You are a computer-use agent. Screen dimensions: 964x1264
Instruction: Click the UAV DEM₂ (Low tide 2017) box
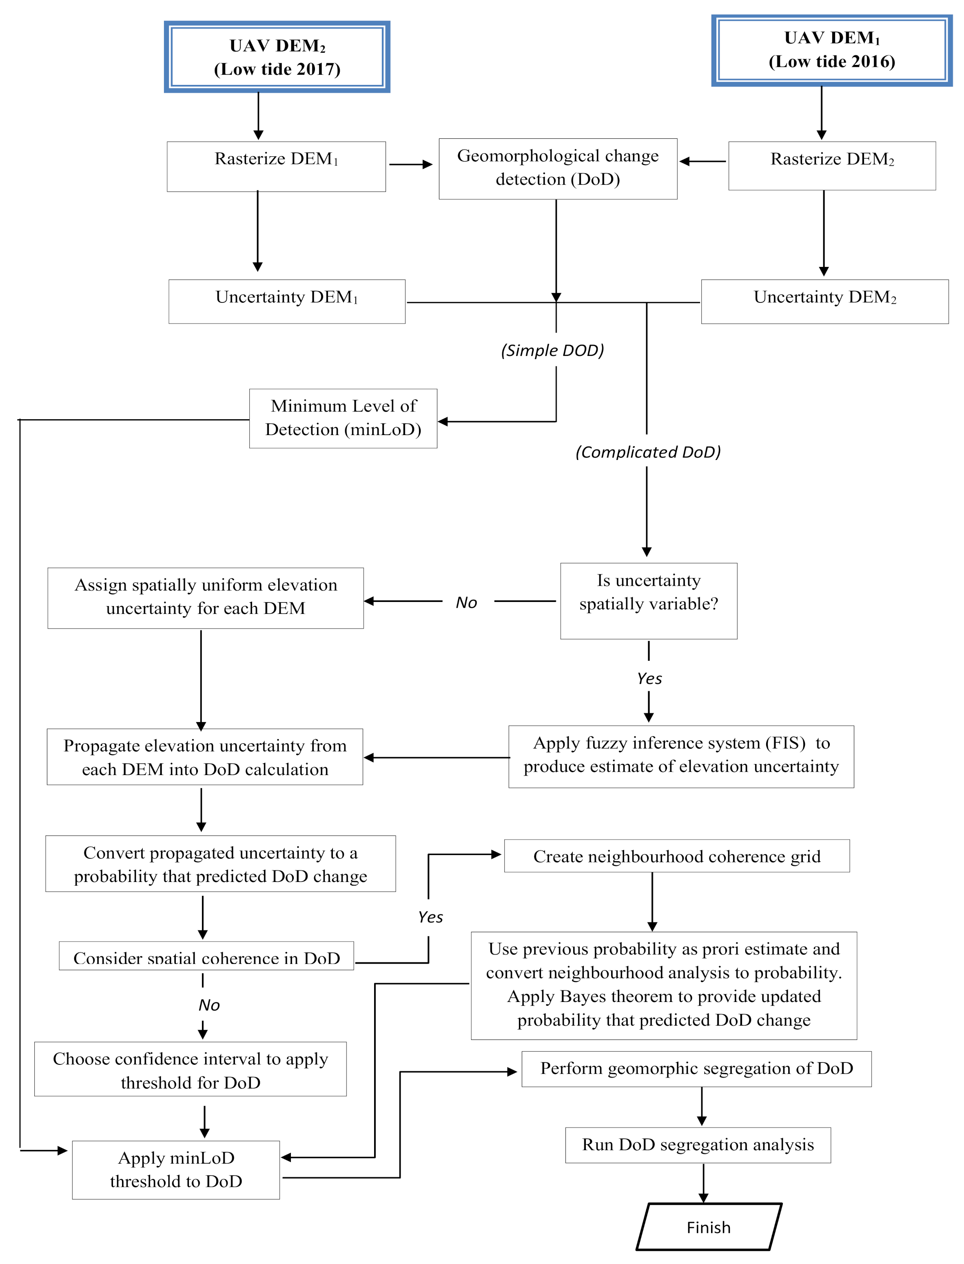[277, 57]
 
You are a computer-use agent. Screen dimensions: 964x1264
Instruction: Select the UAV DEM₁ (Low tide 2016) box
[832, 51]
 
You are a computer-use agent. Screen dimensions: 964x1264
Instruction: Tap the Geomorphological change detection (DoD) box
[558, 169]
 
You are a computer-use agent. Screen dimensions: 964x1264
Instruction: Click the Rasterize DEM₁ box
[276, 167]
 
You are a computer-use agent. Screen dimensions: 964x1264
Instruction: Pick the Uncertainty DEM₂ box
[824, 301]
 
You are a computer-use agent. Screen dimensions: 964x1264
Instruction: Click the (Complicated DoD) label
[648, 452]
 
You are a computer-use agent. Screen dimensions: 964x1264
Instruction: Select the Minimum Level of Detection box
[343, 418]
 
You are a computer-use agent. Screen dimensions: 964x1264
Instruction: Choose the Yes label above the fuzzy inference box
[649, 678]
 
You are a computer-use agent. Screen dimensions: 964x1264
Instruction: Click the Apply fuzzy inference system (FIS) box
[681, 757]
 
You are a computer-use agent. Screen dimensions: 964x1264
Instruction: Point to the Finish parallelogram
[709, 1227]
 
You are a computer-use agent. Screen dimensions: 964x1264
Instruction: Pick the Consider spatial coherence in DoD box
[206, 956]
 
